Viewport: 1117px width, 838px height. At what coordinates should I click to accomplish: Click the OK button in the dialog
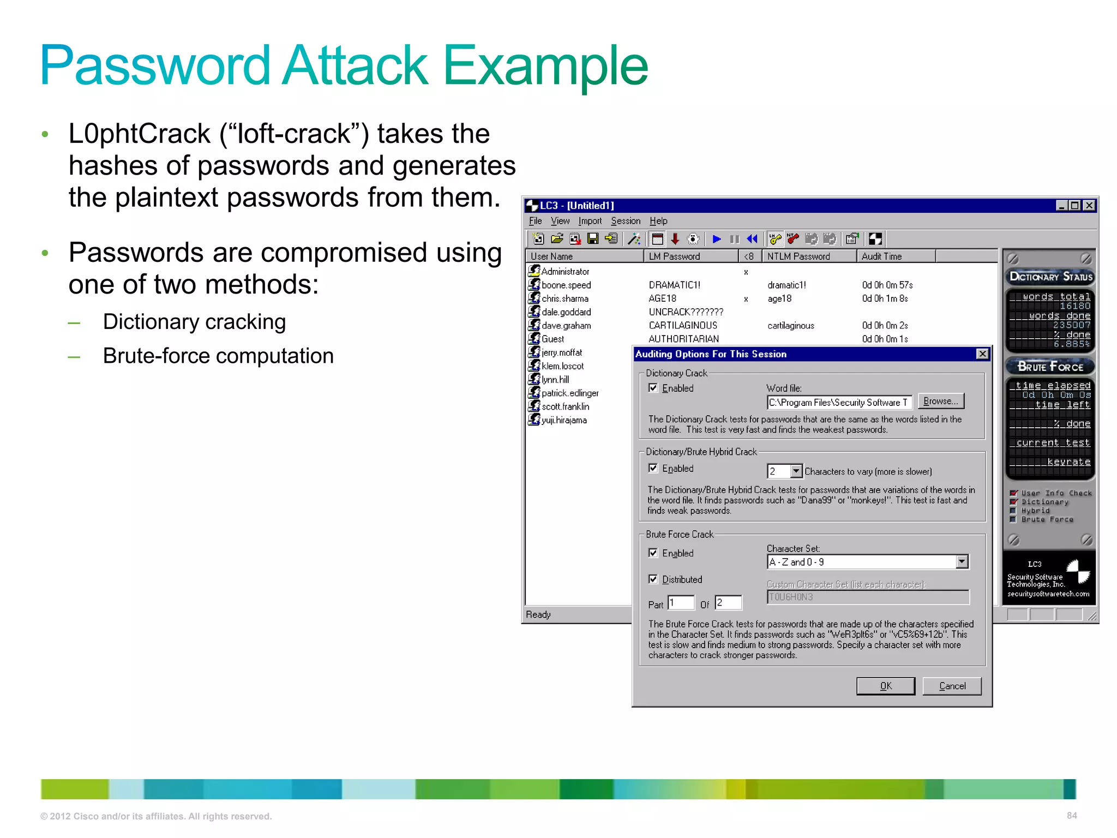tap(885, 686)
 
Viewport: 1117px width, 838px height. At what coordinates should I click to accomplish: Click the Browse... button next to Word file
tap(941, 401)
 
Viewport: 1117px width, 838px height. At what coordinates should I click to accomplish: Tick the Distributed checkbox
tap(653, 579)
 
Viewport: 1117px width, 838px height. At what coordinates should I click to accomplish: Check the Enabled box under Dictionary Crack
tap(653, 388)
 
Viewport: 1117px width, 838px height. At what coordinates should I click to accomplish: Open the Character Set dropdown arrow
tap(962, 561)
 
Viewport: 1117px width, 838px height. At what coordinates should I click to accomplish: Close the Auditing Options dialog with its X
tap(982, 354)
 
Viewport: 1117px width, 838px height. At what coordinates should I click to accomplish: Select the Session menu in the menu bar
tap(625, 221)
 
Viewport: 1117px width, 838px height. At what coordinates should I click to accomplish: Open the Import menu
tap(590, 221)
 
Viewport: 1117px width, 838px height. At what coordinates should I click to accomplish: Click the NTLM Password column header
tap(798, 256)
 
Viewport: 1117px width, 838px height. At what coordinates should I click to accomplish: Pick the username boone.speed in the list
tap(566, 285)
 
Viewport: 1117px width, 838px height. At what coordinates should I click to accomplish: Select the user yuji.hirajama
tap(564, 420)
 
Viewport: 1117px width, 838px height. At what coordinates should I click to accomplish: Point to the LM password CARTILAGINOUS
tap(683, 326)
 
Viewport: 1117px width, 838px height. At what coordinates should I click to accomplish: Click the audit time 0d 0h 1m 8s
tap(885, 298)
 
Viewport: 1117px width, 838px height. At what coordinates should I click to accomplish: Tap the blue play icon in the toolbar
tap(717, 239)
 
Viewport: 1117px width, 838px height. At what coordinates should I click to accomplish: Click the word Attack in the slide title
tap(355, 65)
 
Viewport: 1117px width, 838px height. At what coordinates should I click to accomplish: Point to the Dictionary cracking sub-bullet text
tap(194, 322)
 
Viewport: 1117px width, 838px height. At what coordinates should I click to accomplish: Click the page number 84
tap(1072, 816)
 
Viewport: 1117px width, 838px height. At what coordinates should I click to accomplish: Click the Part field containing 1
tap(681, 603)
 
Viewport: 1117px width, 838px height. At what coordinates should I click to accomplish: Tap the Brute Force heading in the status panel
tap(1050, 367)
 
